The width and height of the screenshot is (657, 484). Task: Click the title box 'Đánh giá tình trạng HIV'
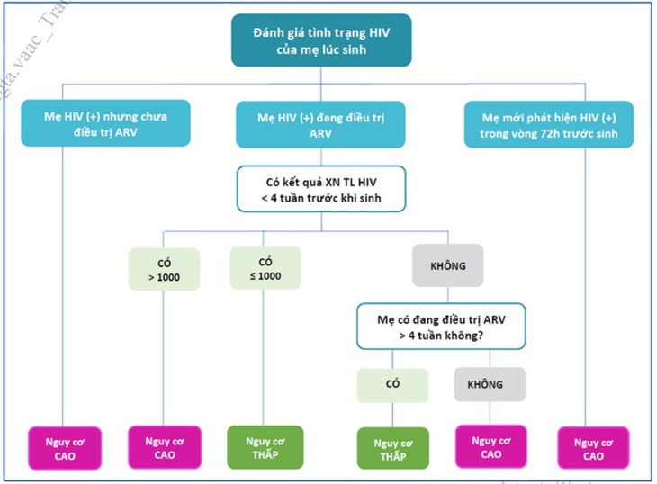(321, 40)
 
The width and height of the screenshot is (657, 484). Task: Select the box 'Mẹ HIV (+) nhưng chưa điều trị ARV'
(105, 123)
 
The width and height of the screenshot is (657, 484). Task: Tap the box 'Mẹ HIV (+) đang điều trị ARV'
(320, 125)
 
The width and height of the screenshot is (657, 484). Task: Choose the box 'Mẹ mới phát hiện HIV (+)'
(549, 124)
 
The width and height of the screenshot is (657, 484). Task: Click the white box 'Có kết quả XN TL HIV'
(321, 189)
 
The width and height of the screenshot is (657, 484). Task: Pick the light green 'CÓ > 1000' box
(164, 269)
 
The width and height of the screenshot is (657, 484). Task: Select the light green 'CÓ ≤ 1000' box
(265, 268)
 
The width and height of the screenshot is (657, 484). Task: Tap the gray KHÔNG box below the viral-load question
(448, 265)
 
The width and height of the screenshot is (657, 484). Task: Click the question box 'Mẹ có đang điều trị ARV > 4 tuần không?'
(441, 327)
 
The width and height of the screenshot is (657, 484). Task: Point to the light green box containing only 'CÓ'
(392, 385)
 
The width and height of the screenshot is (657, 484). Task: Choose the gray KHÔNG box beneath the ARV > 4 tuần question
(490, 384)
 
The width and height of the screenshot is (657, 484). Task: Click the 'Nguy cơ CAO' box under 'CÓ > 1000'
(165, 447)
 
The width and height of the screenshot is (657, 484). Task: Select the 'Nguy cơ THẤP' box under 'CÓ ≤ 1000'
(265, 447)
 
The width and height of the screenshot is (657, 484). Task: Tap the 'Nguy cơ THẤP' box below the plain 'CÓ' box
(393, 448)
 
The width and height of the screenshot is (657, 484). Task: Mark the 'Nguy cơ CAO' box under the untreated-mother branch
(65, 448)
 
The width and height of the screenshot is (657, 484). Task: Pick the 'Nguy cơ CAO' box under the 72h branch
(593, 448)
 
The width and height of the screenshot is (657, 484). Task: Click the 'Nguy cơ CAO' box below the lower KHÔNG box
(491, 447)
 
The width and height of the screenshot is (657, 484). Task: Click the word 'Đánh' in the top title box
(266, 32)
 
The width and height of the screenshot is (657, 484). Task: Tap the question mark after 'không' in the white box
(481, 336)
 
